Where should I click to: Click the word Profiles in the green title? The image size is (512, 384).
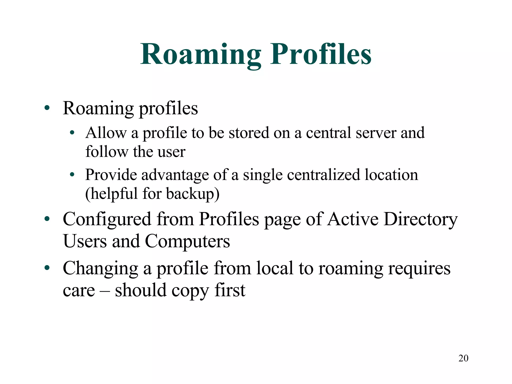point(321,54)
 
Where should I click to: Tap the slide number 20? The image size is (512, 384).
point(463,358)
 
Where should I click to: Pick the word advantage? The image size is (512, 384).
point(175,175)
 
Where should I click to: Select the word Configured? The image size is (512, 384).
point(107,219)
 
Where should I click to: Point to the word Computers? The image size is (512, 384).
point(187,241)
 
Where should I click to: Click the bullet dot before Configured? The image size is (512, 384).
point(47,219)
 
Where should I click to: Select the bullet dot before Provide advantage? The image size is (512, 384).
point(72,175)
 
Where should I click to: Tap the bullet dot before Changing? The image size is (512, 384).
point(47,268)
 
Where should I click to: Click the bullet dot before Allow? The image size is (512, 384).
point(72,133)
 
